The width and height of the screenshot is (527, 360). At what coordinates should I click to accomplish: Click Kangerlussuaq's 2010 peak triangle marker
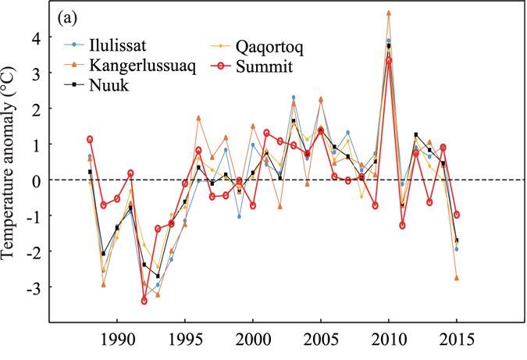(389, 13)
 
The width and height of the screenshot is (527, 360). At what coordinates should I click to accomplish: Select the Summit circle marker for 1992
(144, 301)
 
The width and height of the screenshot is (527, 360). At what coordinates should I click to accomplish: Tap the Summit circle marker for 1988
(90, 139)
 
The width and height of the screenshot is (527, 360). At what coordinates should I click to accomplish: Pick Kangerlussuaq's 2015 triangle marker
(457, 278)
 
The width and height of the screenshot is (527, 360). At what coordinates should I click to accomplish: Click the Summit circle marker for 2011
(402, 226)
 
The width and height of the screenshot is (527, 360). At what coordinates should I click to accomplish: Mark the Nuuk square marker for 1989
(103, 254)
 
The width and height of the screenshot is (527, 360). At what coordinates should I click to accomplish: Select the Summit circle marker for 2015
(457, 215)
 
